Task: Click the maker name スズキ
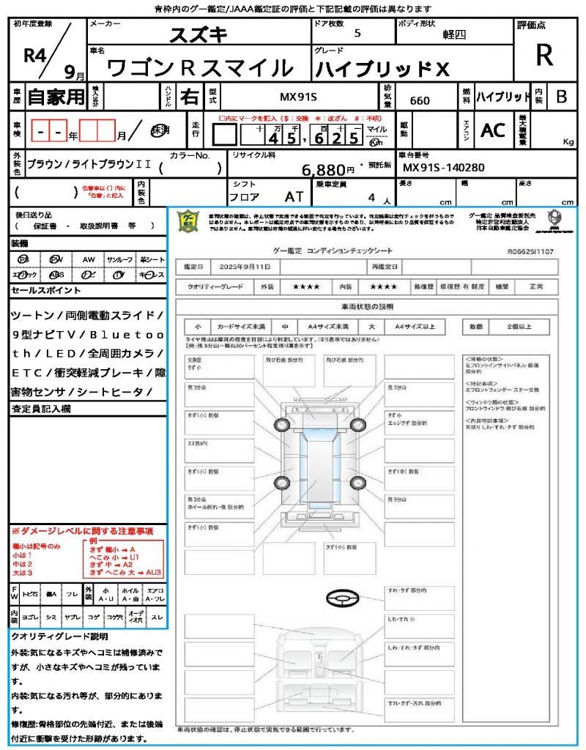pos(199,35)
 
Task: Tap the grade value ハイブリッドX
pos(382,69)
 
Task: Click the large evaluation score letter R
pos(544,56)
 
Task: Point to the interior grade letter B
pos(561,97)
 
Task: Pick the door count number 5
pos(357,34)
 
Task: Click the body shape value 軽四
pos(454,34)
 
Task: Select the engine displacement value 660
pos(420,100)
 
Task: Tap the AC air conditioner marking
pos(493,130)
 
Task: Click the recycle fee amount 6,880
pos(323,170)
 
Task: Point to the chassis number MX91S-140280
pos(444,168)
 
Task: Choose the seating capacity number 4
pos(371,197)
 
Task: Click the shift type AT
pos(294,196)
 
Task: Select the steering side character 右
pos(189,97)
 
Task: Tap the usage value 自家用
pos(56,97)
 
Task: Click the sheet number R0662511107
pos(530,251)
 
